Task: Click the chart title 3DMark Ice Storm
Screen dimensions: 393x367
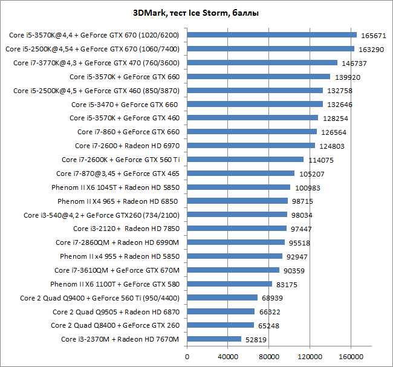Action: click(x=196, y=13)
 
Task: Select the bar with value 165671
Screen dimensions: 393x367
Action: click(x=271, y=35)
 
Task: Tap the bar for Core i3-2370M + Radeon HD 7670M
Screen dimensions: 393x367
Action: click(x=214, y=339)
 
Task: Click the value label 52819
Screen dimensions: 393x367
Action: click(x=256, y=340)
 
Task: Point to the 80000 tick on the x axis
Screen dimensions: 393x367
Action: click(x=269, y=357)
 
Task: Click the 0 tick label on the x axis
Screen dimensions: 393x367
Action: click(x=187, y=357)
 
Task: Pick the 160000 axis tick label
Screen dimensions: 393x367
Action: click(x=351, y=357)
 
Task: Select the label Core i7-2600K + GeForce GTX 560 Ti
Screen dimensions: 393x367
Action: click(x=121, y=160)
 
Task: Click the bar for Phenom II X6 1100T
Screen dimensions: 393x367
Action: click(x=229, y=284)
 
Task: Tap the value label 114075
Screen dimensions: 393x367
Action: click(x=321, y=160)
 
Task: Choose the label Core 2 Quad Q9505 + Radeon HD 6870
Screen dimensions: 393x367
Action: click(x=116, y=312)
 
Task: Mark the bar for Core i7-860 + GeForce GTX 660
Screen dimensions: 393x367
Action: click(x=252, y=132)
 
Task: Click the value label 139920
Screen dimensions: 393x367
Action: click(x=348, y=77)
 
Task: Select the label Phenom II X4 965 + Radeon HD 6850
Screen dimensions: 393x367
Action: click(x=118, y=201)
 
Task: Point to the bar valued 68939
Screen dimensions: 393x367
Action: click(x=222, y=297)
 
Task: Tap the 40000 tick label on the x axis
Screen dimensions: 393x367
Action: click(x=228, y=357)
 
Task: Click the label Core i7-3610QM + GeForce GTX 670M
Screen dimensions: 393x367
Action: click(x=117, y=270)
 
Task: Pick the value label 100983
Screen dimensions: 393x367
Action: click(x=308, y=188)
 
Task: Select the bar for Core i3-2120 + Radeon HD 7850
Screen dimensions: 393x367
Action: click(x=236, y=228)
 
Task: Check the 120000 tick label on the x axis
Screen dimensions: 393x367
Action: click(x=310, y=357)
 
